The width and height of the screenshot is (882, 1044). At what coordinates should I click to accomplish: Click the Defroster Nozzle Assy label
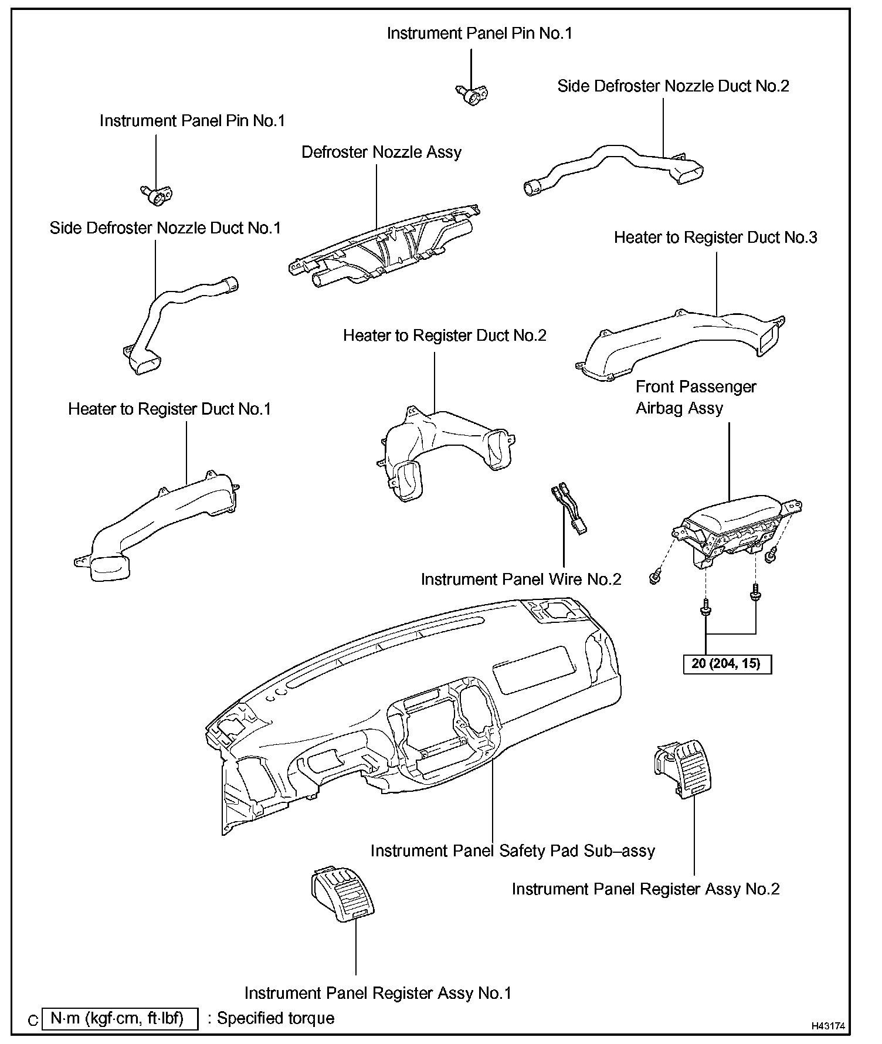click(381, 152)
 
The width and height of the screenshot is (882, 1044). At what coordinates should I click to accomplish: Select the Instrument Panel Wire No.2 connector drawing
click(568, 509)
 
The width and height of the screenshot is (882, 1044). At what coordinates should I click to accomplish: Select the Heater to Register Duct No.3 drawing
click(680, 340)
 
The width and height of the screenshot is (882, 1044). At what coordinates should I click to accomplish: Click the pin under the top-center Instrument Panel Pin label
click(473, 93)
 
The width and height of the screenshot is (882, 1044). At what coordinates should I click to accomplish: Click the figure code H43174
click(828, 1026)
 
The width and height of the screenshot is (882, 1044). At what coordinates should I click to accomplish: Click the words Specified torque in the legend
click(276, 1018)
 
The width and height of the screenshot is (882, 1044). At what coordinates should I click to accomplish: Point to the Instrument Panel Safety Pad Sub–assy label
click(513, 850)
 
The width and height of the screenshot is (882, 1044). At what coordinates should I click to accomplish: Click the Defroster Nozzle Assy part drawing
click(387, 246)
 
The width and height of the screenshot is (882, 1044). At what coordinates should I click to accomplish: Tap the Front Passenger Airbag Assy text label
click(696, 398)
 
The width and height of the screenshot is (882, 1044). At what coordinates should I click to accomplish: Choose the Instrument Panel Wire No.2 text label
click(521, 579)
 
